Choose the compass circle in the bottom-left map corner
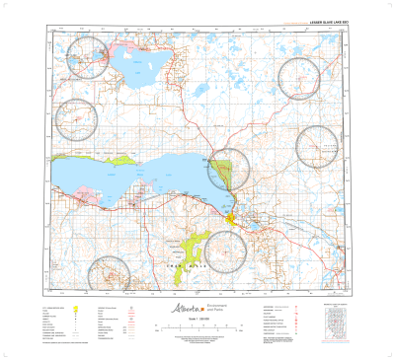(108, 274)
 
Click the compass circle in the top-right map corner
(300, 78)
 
